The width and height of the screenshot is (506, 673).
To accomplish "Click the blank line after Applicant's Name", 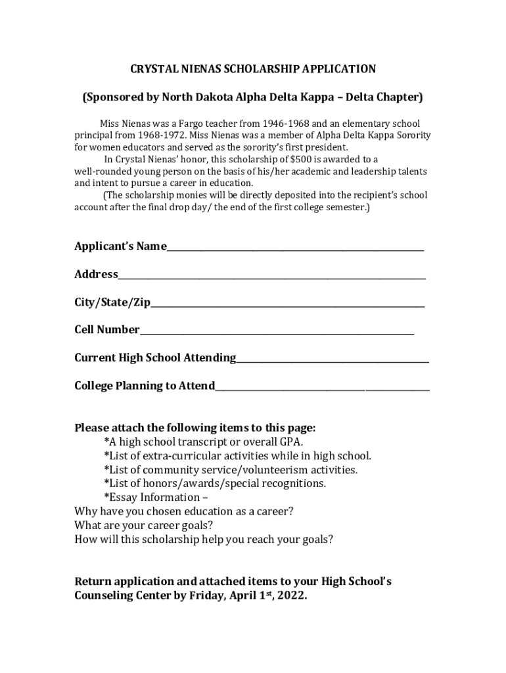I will click(295, 248).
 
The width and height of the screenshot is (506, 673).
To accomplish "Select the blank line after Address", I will click(272, 277).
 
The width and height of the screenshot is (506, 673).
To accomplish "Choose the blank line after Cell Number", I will click(277, 332).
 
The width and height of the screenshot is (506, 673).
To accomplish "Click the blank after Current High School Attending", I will click(333, 360).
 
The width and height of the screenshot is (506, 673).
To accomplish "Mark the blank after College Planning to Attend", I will click(322, 388).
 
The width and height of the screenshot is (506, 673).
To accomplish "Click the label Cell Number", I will click(107, 330).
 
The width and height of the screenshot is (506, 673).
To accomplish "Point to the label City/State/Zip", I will click(112, 302).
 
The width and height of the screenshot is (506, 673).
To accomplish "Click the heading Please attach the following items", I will click(195, 428).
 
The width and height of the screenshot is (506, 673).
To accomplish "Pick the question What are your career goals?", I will click(143, 525).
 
